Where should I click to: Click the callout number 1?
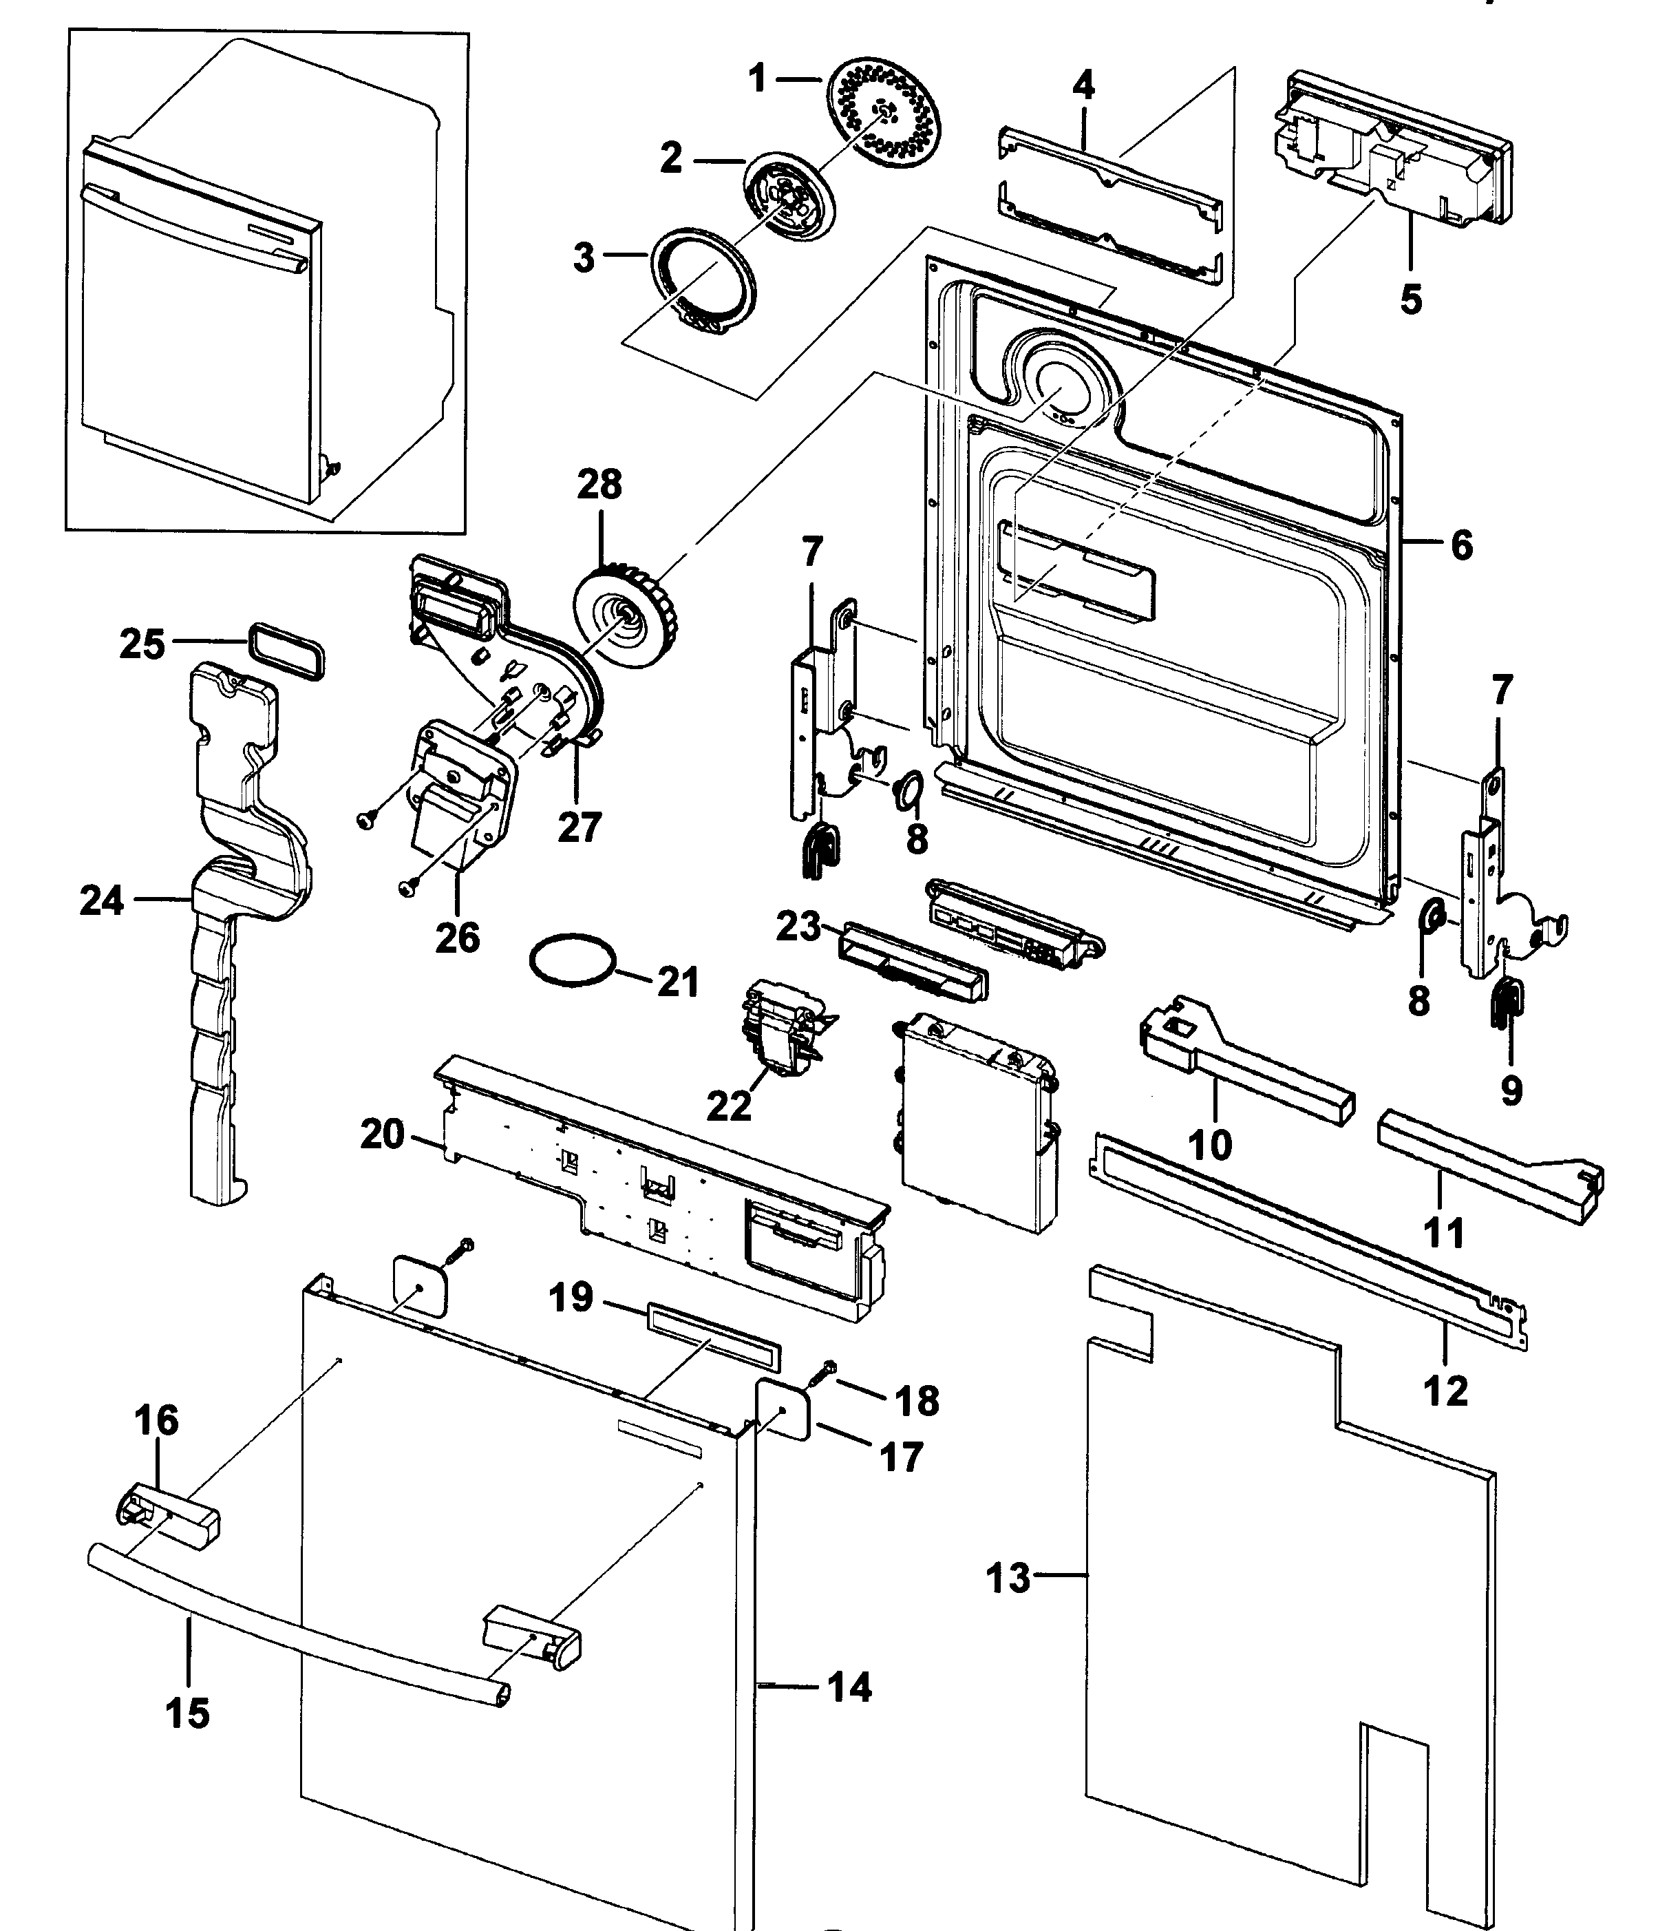(x=757, y=78)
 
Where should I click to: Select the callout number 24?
(x=100, y=900)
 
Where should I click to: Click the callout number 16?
(x=156, y=1420)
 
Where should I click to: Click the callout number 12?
(x=1445, y=1391)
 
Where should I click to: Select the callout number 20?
(x=382, y=1135)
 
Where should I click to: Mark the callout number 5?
(x=1411, y=300)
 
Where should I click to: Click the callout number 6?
(x=1461, y=545)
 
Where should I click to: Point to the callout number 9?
(x=1511, y=1090)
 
